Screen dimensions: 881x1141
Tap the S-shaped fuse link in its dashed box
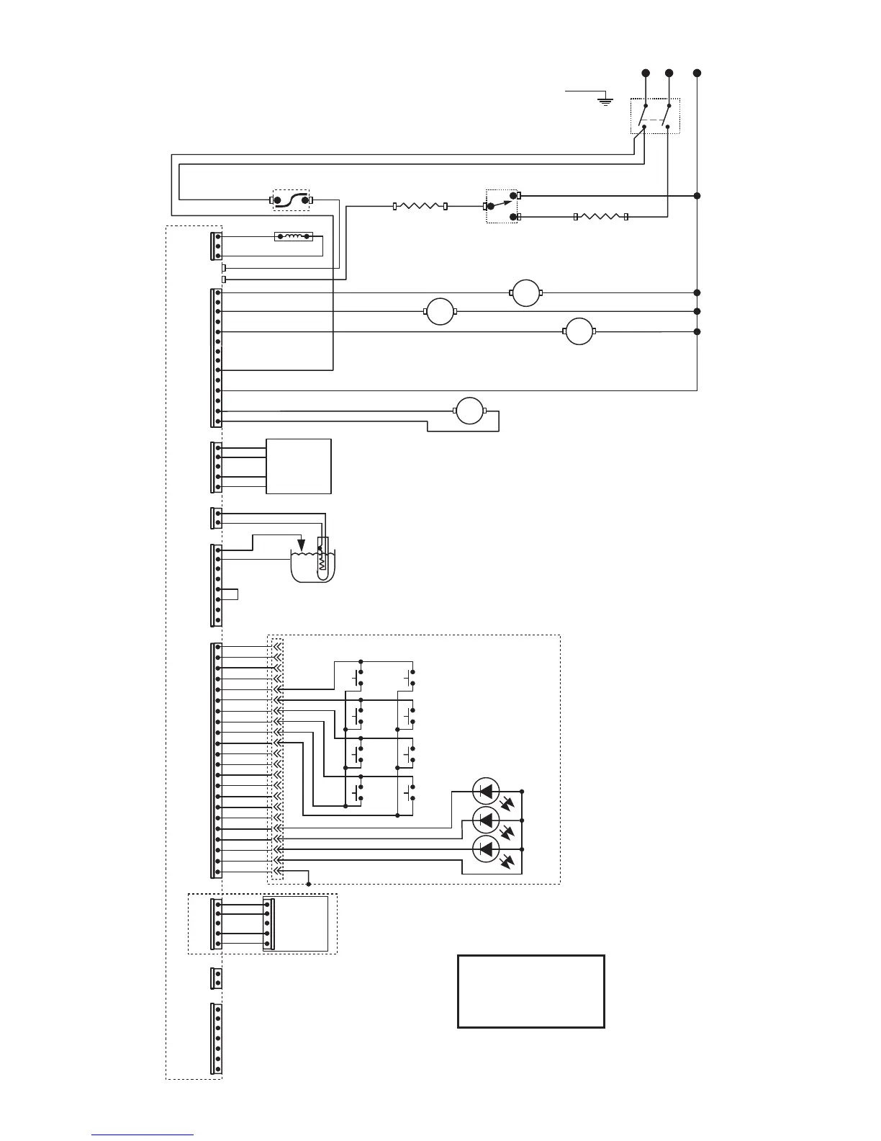coord(292,200)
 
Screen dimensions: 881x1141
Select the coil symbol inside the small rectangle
coord(294,236)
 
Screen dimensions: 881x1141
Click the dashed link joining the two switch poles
coord(656,120)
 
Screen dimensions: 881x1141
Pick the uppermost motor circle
coord(525,292)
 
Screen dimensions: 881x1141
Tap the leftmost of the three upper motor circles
coord(440,311)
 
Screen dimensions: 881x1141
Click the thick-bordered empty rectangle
coord(531,991)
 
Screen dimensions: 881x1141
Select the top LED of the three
coord(487,791)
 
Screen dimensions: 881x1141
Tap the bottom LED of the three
coord(487,849)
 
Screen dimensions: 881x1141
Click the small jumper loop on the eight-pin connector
coord(230,594)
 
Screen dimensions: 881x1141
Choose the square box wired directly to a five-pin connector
coord(299,466)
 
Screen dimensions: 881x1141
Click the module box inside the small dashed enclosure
coord(296,923)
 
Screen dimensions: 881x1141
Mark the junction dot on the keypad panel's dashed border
coord(309,884)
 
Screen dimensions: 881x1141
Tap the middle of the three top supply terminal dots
coord(669,73)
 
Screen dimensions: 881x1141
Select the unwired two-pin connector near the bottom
coord(217,978)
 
